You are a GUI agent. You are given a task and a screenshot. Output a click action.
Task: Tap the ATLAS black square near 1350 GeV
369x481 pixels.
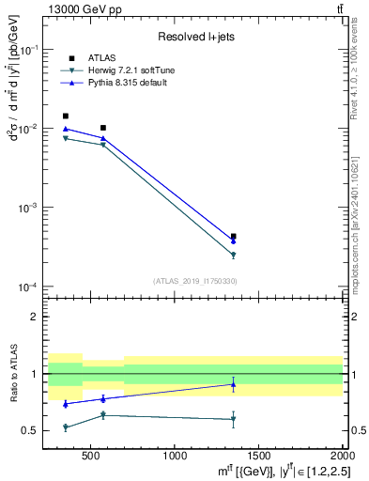[233, 237]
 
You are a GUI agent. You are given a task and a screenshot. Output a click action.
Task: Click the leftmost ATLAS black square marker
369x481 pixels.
[65, 116]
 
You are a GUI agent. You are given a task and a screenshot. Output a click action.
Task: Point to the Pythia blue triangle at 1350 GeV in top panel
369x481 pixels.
[233, 241]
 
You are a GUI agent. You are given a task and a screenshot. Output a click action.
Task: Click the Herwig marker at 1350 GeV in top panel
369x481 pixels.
[233, 255]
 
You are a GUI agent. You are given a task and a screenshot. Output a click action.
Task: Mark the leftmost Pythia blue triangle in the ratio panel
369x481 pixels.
[65, 404]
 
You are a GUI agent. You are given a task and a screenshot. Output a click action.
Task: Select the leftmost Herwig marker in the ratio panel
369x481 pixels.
[65, 427]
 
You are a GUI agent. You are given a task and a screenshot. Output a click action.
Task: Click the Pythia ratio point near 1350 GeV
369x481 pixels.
[233, 384]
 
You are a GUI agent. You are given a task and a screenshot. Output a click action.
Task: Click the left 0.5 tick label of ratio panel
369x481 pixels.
[31, 431]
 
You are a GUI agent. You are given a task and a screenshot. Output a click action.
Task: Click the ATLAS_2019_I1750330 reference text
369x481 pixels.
[193, 281]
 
